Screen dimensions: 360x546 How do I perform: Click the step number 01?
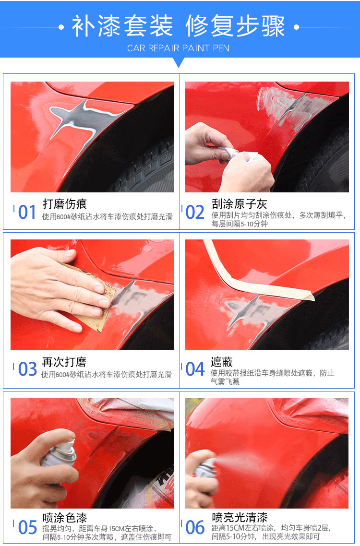pos(27,212)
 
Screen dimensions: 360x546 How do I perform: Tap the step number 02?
pos(195,212)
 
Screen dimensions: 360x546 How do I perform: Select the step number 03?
pos(27,369)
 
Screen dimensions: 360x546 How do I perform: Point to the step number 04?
pos(195,369)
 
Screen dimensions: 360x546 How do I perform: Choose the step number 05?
pos(27,527)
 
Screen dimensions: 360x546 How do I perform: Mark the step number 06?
pos(195,527)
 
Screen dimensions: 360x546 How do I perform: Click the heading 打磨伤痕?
pos(64,204)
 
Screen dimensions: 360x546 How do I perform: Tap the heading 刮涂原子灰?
pos(239,204)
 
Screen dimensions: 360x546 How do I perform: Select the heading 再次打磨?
pos(64,362)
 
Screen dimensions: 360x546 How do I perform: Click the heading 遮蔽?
pos(222,362)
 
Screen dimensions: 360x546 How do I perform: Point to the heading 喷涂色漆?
pos(64,518)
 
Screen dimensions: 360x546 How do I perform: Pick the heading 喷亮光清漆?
pos(240,517)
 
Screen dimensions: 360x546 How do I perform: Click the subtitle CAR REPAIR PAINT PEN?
pos(179,48)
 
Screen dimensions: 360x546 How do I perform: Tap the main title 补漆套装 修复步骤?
pos(179,26)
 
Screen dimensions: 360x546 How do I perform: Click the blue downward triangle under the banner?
pos(179,62)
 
